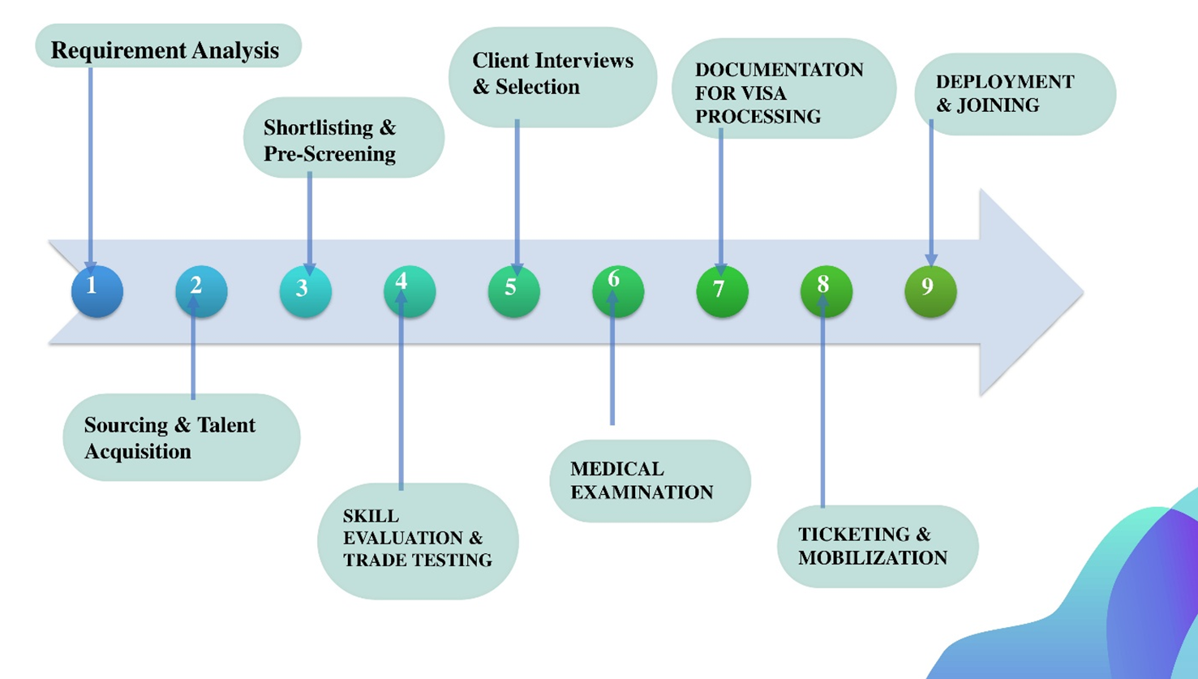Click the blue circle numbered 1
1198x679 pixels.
pyautogui.click(x=97, y=290)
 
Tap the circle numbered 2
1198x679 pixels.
pyautogui.click(x=201, y=290)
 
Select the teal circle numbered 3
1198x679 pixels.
pyautogui.click(x=305, y=290)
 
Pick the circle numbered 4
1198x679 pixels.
pyautogui.click(x=410, y=290)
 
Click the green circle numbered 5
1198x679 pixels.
pyautogui.click(x=513, y=290)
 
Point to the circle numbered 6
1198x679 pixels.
pyautogui.click(x=618, y=290)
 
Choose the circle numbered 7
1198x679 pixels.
pyautogui.click(x=722, y=290)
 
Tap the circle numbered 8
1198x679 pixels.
pyautogui.click(x=826, y=290)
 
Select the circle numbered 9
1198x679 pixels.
pyautogui.click(x=930, y=290)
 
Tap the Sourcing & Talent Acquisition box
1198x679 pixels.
pyautogui.click(x=182, y=437)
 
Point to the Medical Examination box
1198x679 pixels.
pyautogui.click(x=650, y=480)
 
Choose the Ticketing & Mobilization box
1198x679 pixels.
pyautogui.click(x=878, y=546)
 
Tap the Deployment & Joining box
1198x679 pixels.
pyautogui.click(x=1015, y=94)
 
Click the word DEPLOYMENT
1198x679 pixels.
pyautogui.click(x=1004, y=82)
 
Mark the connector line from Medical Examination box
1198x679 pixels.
pyautogui.click(x=612, y=365)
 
